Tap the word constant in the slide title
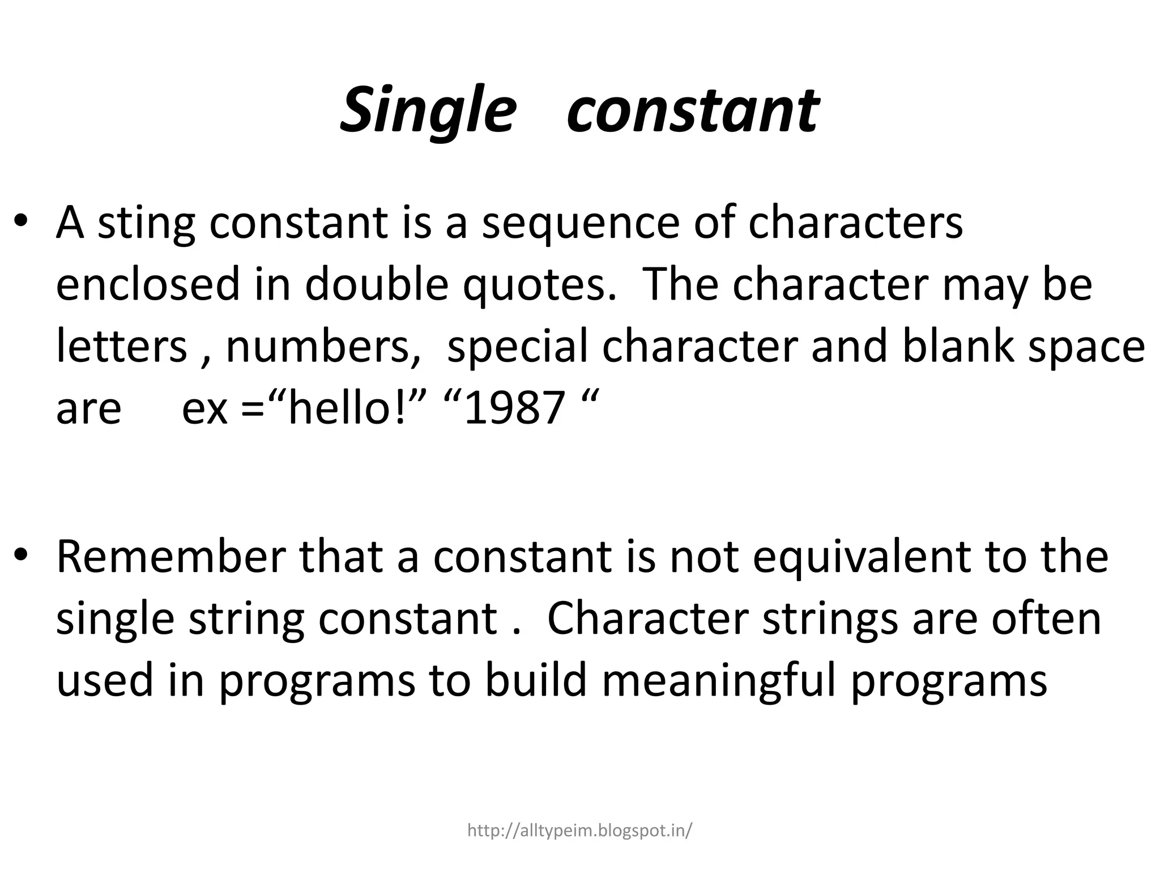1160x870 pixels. tap(692, 110)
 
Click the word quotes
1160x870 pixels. tap(539, 285)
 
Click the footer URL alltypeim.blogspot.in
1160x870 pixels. tap(579, 830)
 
